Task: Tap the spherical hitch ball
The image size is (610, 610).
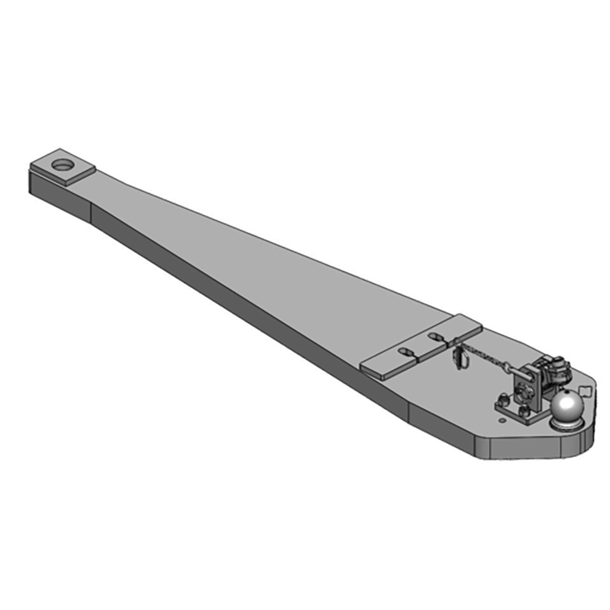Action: [567, 406]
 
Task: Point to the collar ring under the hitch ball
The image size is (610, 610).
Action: [566, 425]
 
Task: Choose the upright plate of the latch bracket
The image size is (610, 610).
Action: [529, 387]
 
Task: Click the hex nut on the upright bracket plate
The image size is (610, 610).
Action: [522, 392]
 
